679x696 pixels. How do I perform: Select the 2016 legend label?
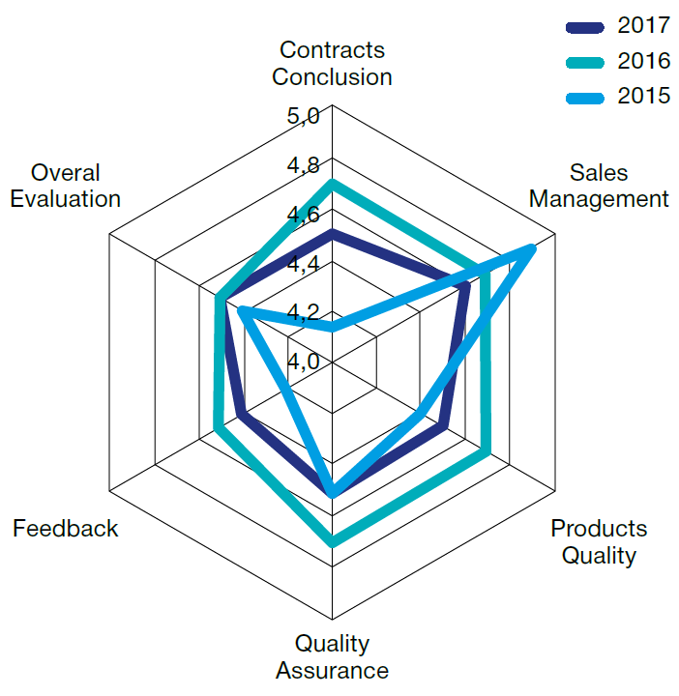[x=643, y=61]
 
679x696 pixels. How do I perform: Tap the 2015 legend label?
[x=643, y=96]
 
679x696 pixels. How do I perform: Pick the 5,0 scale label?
[x=303, y=117]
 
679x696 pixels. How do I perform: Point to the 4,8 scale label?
[x=303, y=166]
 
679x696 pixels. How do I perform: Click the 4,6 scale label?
[x=303, y=216]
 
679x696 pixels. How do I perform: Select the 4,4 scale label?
[x=303, y=264]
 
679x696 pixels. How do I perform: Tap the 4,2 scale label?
[x=303, y=313]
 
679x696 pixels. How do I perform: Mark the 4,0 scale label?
[x=303, y=362]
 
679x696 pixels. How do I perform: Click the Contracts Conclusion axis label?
[x=332, y=63]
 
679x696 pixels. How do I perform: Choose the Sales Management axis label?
[x=599, y=186]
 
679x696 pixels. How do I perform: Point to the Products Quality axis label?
[x=599, y=541]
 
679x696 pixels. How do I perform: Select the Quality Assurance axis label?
[x=332, y=656]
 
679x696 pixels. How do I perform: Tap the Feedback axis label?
[x=66, y=529]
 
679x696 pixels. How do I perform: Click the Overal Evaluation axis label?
[x=66, y=186]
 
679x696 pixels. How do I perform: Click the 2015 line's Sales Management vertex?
[x=532, y=249]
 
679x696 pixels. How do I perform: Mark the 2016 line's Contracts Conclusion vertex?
[x=332, y=182]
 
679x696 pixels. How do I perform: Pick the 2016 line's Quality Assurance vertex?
[x=332, y=543]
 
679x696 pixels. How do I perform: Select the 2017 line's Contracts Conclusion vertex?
[x=332, y=233]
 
